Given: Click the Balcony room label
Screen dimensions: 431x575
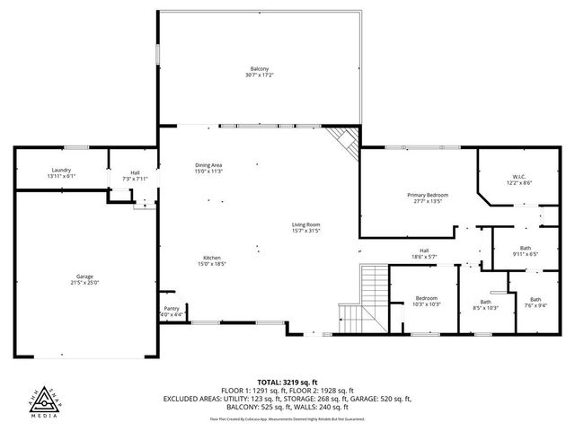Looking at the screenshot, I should (260, 69).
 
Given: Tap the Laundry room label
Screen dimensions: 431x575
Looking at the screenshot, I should (61, 170).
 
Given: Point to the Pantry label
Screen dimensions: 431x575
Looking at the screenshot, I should (171, 308).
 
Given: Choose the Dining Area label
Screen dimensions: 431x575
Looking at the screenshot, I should (208, 164).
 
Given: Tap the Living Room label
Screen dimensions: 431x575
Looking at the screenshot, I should (305, 224).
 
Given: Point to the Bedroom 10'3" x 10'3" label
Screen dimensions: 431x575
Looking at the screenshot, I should (426, 298).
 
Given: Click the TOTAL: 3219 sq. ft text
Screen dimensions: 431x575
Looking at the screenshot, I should (287, 382).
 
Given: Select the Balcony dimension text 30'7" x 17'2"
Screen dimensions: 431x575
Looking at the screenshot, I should (260, 75).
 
